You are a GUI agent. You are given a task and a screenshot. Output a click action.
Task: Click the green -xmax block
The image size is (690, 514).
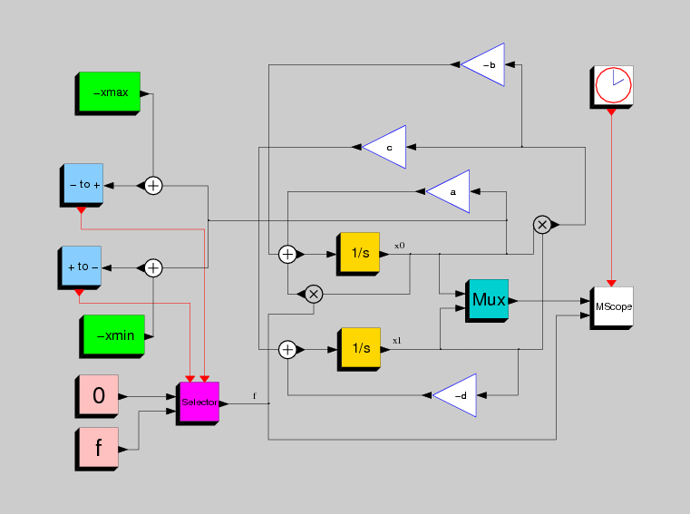pyautogui.click(x=108, y=93)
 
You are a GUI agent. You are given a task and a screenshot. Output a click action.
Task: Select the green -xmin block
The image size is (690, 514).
pyautogui.click(x=112, y=336)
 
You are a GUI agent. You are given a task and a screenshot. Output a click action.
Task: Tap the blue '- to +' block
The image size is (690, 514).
pyautogui.click(x=82, y=185)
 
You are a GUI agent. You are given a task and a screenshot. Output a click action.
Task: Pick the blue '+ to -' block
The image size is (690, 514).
pyautogui.click(x=80, y=267)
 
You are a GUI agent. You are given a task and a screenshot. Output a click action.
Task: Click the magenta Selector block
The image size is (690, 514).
pyautogui.click(x=198, y=403)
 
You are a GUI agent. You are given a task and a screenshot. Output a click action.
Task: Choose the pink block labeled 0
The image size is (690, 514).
pyautogui.click(x=97, y=396)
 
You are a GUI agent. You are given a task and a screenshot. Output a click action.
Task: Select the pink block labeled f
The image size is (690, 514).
pyautogui.click(x=97, y=450)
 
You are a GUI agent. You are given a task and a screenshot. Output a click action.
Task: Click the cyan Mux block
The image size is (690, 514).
pyautogui.click(x=487, y=301)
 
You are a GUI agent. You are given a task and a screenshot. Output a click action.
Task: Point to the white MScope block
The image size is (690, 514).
pyautogui.click(x=612, y=308)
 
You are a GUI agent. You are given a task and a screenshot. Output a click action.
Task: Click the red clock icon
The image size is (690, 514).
pyautogui.click(x=614, y=85)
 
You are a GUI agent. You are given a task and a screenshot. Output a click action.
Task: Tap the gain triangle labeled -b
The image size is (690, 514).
pyautogui.click(x=482, y=64)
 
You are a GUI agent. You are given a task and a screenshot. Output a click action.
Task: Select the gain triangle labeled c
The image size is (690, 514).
pyautogui.click(x=384, y=147)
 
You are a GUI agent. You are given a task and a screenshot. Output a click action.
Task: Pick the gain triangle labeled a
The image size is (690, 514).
pyautogui.click(x=448, y=191)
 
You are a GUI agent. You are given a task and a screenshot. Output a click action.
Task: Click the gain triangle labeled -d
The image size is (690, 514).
pyautogui.click(x=454, y=395)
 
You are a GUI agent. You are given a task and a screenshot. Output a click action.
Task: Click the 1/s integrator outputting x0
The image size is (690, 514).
pyautogui.click(x=358, y=255)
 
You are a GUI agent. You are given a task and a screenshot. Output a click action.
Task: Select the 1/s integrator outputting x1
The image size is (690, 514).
pyautogui.click(x=359, y=349)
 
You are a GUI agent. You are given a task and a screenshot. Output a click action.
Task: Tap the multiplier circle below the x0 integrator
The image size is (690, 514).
pyautogui.click(x=314, y=294)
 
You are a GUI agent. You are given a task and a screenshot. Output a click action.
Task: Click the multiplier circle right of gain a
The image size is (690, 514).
pyautogui.click(x=542, y=225)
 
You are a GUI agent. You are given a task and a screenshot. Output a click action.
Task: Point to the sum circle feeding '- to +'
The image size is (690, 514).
pyautogui.click(x=153, y=185)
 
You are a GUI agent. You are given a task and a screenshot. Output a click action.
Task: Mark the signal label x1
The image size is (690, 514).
pyautogui.click(x=397, y=341)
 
